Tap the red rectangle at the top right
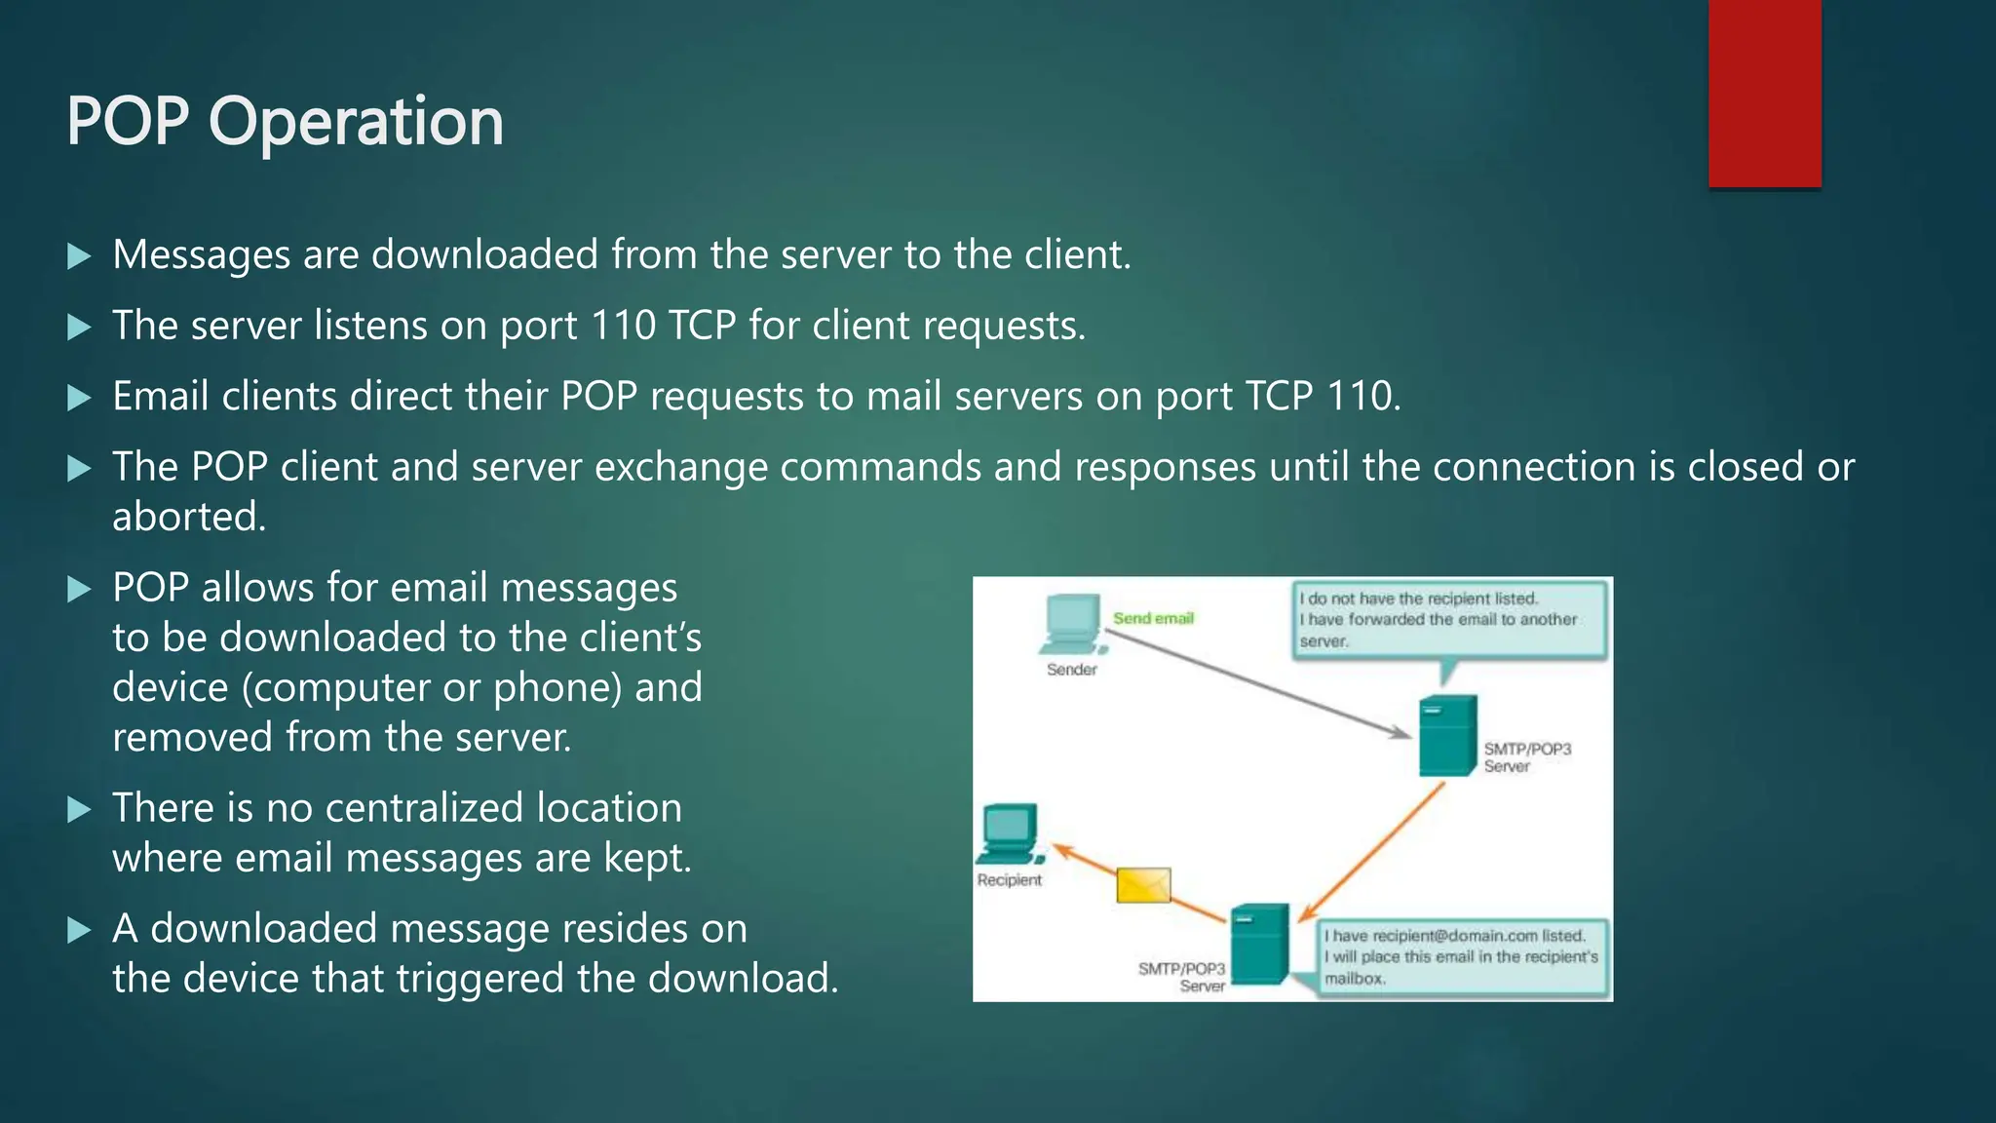1764,94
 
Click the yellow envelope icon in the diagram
1142,885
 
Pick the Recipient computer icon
1010,833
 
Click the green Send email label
1153,618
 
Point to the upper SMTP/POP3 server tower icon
1447,736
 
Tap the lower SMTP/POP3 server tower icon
1259,944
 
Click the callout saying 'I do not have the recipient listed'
1448,620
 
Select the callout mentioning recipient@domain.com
1459,956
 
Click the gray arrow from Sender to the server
1257,683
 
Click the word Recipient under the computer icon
1009,880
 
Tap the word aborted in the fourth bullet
188,517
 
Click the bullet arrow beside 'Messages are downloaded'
79,256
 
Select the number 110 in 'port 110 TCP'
623,326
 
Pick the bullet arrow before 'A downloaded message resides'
79,930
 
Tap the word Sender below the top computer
1071,670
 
